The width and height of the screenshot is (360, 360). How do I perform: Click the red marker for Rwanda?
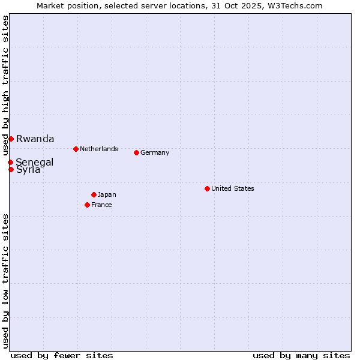(11, 139)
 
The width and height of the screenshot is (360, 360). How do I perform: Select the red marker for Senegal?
(10, 162)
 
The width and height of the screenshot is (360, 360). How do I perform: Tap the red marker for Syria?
(11, 169)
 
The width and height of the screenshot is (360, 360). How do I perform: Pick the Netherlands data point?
(76, 149)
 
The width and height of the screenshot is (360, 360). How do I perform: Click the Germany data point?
(136, 152)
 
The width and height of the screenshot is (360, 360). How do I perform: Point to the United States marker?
(207, 188)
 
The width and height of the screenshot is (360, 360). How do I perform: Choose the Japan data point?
(94, 194)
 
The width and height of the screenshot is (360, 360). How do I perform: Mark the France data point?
(87, 205)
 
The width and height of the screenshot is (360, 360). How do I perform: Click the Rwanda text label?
(35, 139)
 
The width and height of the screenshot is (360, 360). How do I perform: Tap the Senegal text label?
(34, 162)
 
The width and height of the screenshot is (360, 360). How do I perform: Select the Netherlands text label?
(98, 149)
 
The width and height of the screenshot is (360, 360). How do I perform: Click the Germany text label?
(155, 152)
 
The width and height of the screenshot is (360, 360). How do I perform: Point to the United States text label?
(232, 188)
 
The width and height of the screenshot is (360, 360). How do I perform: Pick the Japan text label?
(107, 194)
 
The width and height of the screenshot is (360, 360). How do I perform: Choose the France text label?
(101, 205)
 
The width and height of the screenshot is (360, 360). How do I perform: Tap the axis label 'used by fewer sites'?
(62, 355)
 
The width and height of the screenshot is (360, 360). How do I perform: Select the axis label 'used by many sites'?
(301, 355)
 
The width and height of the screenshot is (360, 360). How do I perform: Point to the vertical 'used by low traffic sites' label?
(5, 281)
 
